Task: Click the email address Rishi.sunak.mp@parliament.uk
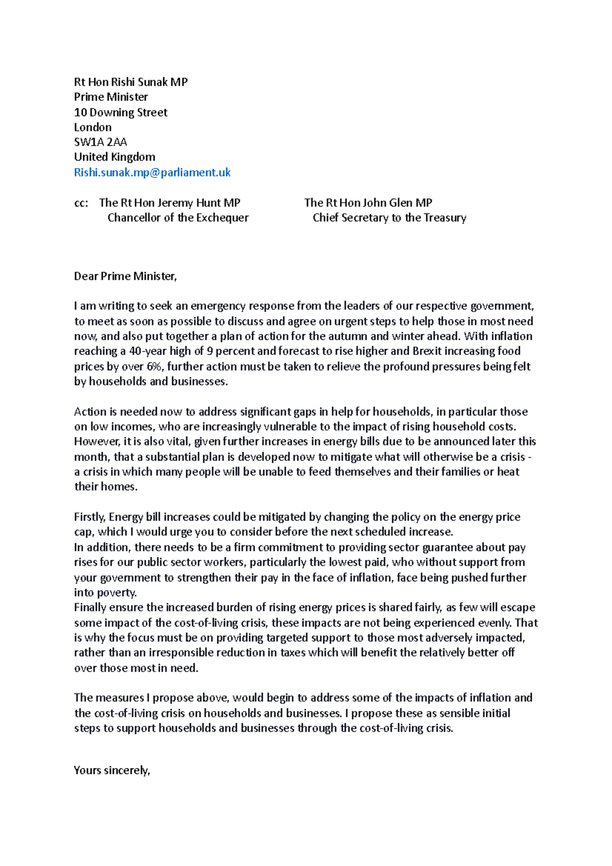(152, 172)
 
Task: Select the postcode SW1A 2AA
(100, 142)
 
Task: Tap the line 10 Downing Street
(120, 112)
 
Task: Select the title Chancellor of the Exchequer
(178, 218)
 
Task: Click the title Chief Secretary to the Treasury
(389, 218)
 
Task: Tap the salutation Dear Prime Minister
(125, 276)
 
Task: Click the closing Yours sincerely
(112, 770)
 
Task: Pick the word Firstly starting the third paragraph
(90, 517)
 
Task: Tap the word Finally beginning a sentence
(90, 607)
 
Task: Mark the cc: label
(81, 203)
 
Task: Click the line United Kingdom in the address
(114, 157)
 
